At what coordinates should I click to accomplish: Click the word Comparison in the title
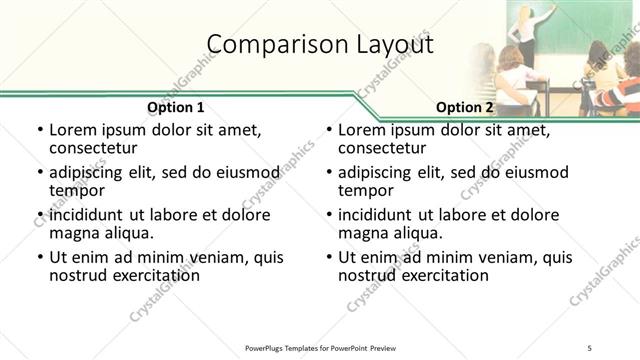pyautogui.click(x=268, y=44)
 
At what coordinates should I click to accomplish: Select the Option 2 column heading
pyautogui.click(x=465, y=107)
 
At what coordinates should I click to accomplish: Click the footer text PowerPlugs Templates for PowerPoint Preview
pyautogui.click(x=320, y=349)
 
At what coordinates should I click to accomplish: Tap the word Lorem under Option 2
pyautogui.click(x=362, y=130)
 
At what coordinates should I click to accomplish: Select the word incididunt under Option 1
pyautogui.click(x=91, y=214)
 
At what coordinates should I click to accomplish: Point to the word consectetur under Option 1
pyautogui.click(x=97, y=149)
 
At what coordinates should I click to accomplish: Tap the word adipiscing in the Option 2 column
pyautogui.click(x=376, y=172)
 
